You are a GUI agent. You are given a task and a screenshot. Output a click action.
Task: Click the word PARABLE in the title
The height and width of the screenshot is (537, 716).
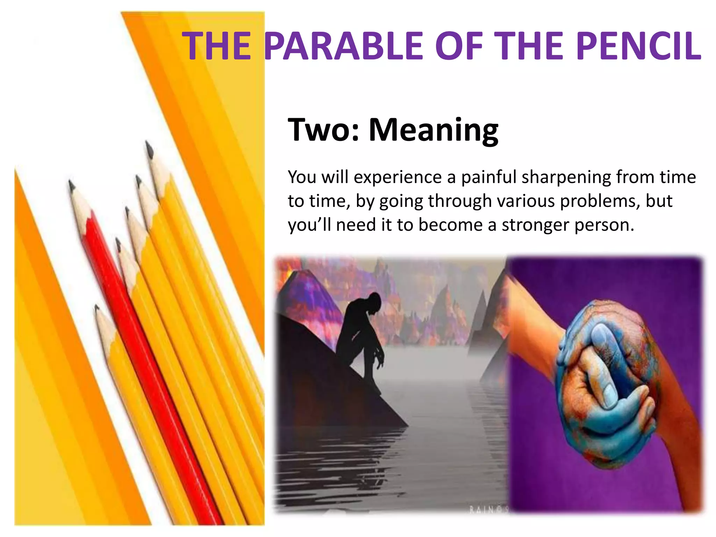pos(344,46)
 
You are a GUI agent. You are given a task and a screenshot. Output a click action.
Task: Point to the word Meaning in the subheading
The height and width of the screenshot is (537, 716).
pos(434,130)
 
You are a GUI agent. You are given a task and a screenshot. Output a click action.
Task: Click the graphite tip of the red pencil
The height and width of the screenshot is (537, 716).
pos(71,185)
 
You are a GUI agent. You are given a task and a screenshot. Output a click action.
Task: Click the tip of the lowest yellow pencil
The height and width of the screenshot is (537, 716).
pos(96,308)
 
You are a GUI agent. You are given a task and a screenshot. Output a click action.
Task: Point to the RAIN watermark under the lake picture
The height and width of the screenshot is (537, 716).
pos(487,510)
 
